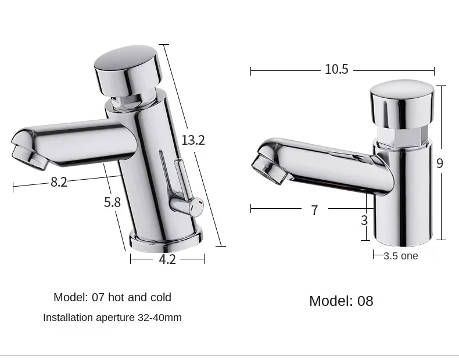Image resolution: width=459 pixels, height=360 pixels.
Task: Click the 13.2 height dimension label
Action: point(193,140)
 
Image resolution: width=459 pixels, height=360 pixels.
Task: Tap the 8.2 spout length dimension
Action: point(59,182)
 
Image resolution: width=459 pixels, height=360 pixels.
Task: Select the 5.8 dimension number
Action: point(112,202)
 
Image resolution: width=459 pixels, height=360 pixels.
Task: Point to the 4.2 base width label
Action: point(167,259)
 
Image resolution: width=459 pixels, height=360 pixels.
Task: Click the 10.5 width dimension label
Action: point(336,69)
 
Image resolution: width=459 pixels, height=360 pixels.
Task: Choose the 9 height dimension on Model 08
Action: point(439,163)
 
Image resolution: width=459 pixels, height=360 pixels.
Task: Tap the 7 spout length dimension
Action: point(314,210)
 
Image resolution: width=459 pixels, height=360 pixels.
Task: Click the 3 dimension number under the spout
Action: point(364,220)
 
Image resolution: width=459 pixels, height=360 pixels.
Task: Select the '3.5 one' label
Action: point(401,256)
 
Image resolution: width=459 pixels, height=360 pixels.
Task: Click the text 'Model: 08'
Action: point(341,301)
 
